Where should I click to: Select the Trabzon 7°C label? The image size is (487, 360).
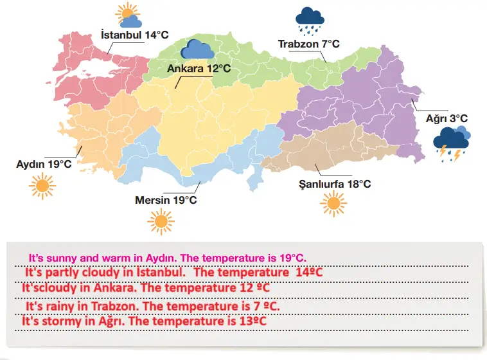[x=308, y=44]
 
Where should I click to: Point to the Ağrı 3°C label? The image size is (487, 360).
[x=447, y=118]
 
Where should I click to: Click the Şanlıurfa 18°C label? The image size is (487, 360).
[x=335, y=184]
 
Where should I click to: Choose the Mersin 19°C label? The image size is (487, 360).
[x=166, y=200]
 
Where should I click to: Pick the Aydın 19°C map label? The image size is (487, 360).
[x=44, y=164]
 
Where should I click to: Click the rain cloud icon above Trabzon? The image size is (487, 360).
[x=310, y=21]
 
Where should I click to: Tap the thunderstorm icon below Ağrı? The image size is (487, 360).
[x=452, y=143]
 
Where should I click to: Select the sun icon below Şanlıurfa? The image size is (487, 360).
[x=333, y=204]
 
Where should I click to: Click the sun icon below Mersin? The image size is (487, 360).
[x=160, y=221]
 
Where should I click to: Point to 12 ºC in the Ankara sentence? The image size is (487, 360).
[x=247, y=287]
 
